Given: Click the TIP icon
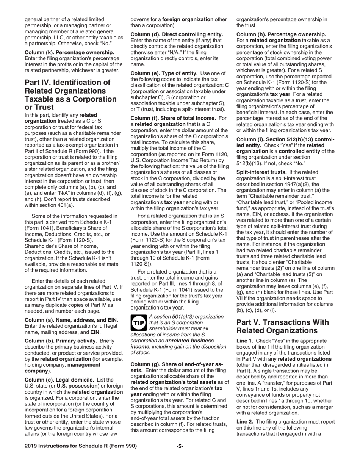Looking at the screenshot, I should point(138,323).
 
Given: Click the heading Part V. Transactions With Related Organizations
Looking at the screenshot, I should point(283,327).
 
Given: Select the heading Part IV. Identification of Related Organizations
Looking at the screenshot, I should point(70,95).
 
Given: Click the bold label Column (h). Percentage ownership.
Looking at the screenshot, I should point(281,34).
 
